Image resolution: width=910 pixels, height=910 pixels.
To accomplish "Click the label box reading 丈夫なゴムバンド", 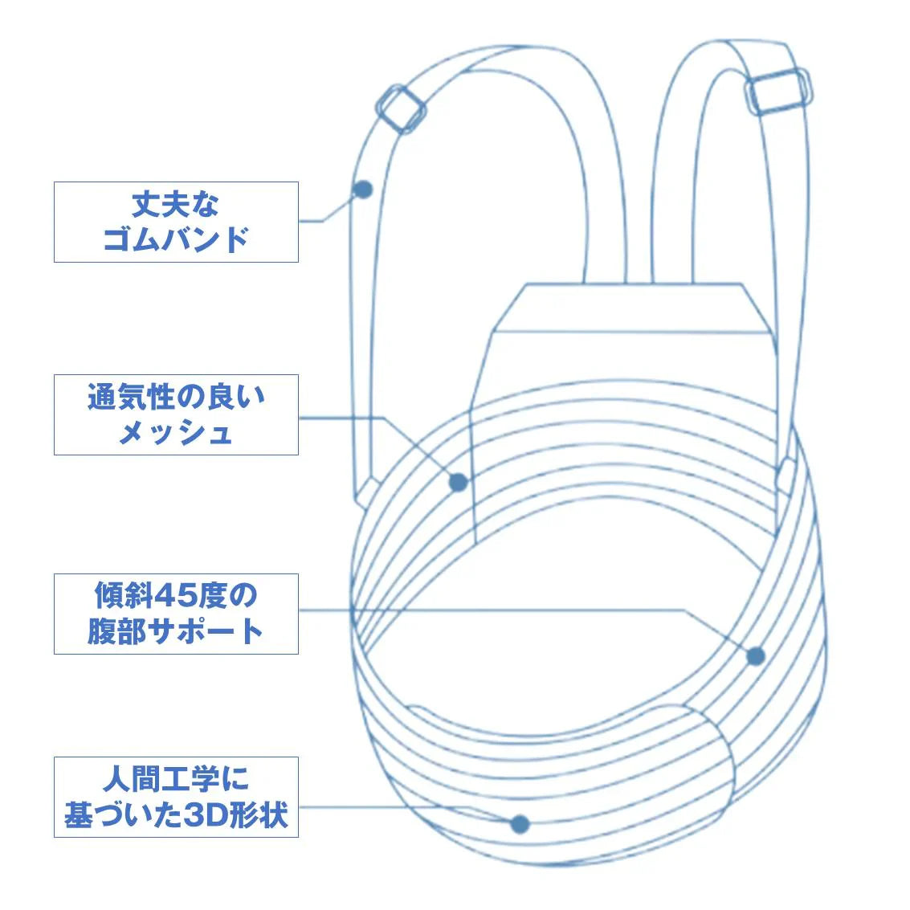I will pyautogui.click(x=176, y=222).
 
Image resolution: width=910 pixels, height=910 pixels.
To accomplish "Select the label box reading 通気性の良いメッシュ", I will pyautogui.click(x=176, y=414).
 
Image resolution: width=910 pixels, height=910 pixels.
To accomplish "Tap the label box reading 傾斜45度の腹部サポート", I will pyautogui.click(x=176, y=614).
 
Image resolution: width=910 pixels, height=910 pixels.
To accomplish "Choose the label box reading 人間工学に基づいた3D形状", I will pyautogui.click(x=176, y=797).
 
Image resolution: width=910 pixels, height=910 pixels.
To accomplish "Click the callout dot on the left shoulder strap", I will pyautogui.click(x=363, y=190).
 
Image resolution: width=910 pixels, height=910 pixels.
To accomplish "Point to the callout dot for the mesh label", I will pyautogui.click(x=458, y=482).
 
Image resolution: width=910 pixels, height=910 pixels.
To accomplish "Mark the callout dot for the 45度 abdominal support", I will pyautogui.click(x=755, y=656).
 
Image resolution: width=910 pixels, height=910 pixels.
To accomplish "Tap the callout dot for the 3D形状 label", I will pyautogui.click(x=520, y=823).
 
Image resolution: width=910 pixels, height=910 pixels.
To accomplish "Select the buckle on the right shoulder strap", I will pyautogui.click(x=777, y=91).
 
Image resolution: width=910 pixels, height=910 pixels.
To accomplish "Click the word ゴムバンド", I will pyautogui.click(x=176, y=240).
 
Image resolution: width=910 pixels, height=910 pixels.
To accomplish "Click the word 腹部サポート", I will pyautogui.click(x=176, y=632).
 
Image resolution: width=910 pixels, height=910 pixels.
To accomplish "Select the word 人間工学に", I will pyautogui.click(x=176, y=778).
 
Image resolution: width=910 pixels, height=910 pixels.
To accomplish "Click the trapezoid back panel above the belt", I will pyautogui.click(x=626, y=337).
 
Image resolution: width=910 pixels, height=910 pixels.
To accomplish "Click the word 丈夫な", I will pyautogui.click(x=176, y=204).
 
